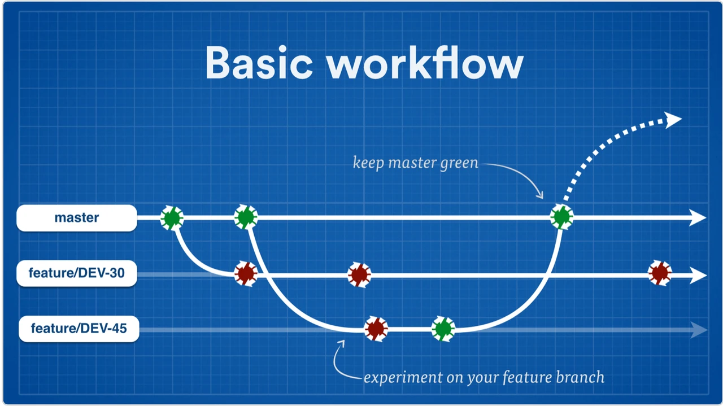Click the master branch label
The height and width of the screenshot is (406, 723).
pyautogui.click(x=77, y=218)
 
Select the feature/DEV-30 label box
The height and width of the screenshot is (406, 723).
pyautogui.click(x=77, y=274)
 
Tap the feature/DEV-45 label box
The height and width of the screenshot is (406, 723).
pyautogui.click(x=79, y=329)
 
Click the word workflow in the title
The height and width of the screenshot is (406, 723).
pyautogui.click(x=425, y=63)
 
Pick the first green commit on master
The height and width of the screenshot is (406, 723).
pyautogui.click(x=172, y=217)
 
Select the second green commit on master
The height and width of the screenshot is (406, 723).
pyautogui.click(x=246, y=217)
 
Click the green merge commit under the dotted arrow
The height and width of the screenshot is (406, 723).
pyautogui.click(x=561, y=216)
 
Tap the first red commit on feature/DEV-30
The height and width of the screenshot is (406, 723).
pyautogui.click(x=246, y=274)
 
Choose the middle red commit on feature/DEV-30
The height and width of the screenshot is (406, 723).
pyautogui.click(x=359, y=275)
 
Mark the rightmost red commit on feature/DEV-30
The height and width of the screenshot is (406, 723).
pyautogui.click(x=659, y=273)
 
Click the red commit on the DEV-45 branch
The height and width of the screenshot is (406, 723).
pyautogui.click(x=376, y=328)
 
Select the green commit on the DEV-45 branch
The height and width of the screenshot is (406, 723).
pyautogui.click(x=443, y=328)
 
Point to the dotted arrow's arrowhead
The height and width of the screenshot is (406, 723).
pyautogui.click(x=673, y=119)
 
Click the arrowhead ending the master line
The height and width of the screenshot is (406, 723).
pyautogui.click(x=698, y=217)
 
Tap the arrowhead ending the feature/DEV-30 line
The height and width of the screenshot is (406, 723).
pyautogui.click(x=698, y=276)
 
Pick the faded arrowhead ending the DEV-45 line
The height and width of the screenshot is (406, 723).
pyautogui.click(x=699, y=330)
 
